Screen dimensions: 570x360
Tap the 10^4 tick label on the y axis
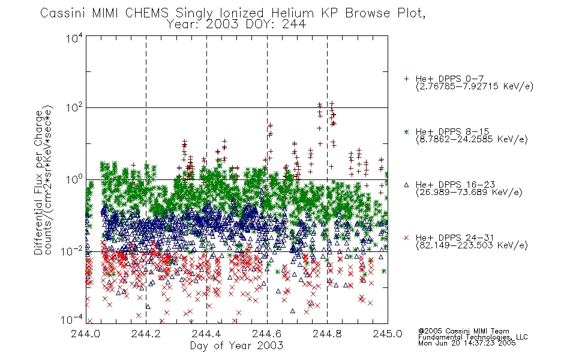(75, 38)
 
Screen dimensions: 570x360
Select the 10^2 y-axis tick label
(75, 108)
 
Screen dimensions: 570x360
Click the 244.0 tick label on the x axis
(85, 334)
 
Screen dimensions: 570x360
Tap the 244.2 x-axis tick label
(146, 334)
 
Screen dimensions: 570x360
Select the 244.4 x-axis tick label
(206, 334)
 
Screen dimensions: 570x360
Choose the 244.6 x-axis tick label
(266, 334)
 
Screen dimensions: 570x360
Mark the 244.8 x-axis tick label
(327, 334)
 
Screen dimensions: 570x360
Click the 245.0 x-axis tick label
(388, 334)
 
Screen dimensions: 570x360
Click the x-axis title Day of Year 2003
(236, 346)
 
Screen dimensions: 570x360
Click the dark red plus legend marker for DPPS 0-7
(406, 79)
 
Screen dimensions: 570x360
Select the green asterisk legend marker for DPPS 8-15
(406, 131)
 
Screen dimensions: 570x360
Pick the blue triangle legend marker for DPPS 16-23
(406, 185)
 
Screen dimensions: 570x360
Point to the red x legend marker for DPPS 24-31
(406, 238)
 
